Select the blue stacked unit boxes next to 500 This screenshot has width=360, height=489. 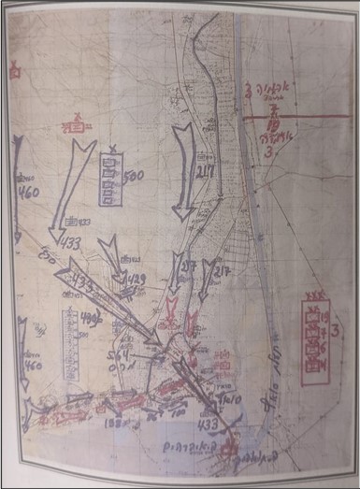(x=110, y=176)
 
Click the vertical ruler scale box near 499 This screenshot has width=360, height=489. (x=68, y=342)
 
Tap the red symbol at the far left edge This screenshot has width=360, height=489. (x=12, y=68)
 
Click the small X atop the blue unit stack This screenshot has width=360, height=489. (x=113, y=150)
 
